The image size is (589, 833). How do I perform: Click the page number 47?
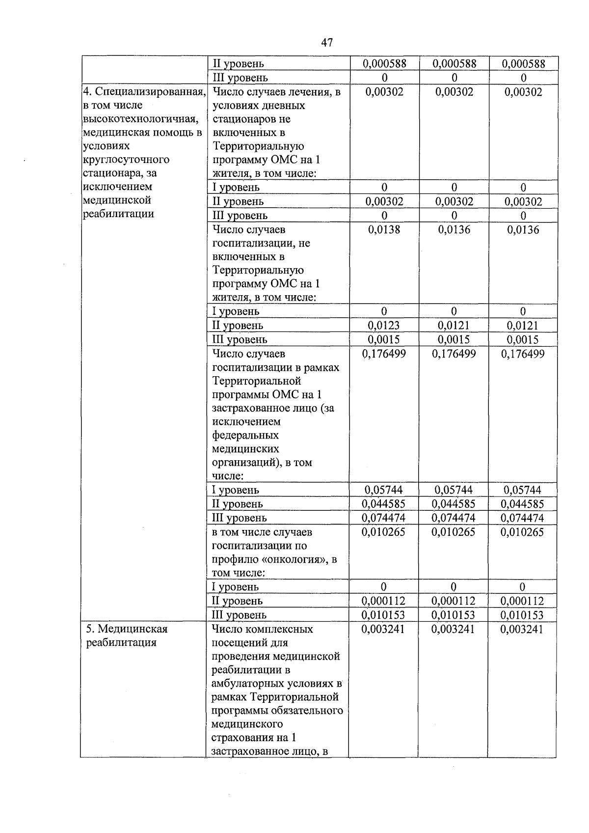click(327, 43)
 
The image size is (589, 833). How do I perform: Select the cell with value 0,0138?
click(384, 229)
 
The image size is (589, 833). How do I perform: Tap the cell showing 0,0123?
click(384, 325)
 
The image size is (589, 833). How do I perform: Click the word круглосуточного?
click(126, 160)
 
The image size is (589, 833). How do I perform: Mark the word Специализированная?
click(149, 92)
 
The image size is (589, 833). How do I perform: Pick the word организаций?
click(243, 462)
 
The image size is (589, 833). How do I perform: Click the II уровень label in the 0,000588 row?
click(238, 63)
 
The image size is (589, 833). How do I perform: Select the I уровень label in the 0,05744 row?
click(235, 490)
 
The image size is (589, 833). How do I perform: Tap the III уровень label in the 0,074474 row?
click(239, 518)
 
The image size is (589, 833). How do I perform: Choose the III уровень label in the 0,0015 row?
click(239, 339)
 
